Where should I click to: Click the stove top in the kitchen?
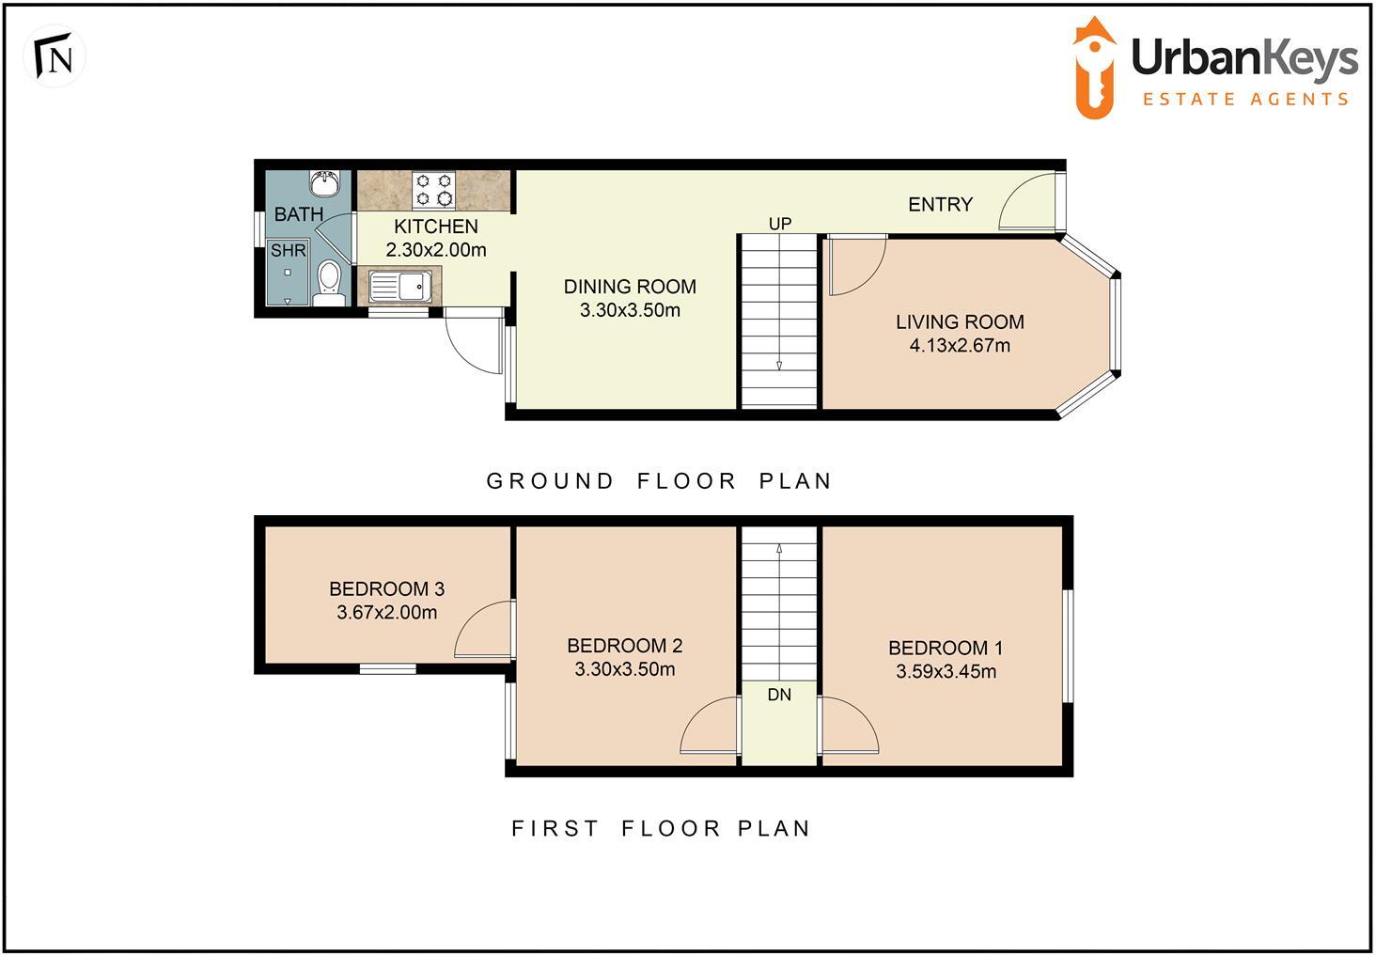(434, 189)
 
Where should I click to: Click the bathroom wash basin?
(324, 180)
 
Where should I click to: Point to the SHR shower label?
(289, 251)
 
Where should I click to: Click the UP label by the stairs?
(780, 224)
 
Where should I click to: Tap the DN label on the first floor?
(779, 696)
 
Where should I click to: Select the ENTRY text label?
(940, 205)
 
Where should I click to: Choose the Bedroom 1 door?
(848, 726)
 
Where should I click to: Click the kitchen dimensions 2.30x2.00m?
(436, 250)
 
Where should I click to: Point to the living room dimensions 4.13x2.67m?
(960, 346)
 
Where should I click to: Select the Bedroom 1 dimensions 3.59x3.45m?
(946, 672)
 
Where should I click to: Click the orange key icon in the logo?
(1095, 69)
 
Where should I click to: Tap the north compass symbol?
(55, 58)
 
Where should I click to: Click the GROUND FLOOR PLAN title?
(659, 481)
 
